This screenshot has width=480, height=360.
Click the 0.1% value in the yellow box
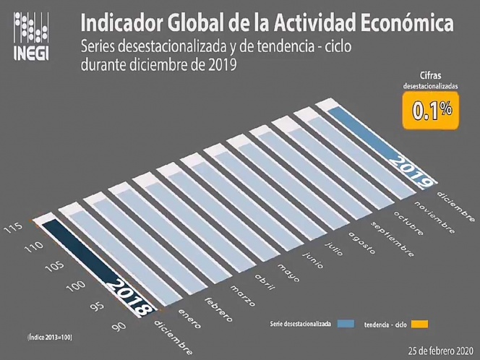[x=432, y=110]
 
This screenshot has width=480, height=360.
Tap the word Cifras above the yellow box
[x=432, y=74]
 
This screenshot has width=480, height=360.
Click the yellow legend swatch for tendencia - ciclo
[x=419, y=322]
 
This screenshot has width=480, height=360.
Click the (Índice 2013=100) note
[x=50, y=337]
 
